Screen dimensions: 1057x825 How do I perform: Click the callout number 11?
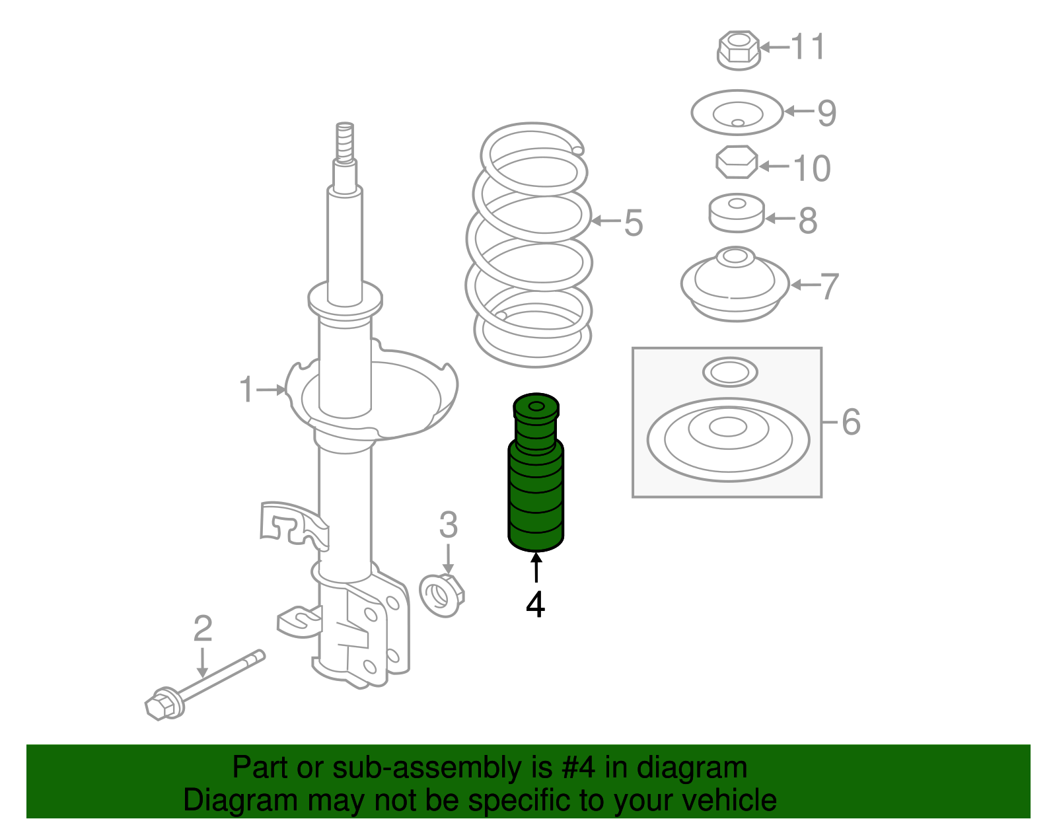pyautogui.click(x=807, y=47)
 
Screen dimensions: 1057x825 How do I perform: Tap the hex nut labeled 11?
pyautogui.click(x=739, y=51)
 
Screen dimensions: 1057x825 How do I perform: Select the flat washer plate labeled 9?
pyautogui.click(x=737, y=112)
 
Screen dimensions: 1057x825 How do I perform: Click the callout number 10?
pyautogui.click(x=811, y=168)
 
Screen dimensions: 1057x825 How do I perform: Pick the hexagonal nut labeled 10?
pyautogui.click(x=737, y=162)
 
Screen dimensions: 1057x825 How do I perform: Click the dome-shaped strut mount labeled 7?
pyautogui.click(x=735, y=284)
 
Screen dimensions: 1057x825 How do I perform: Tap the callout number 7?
pyautogui.click(x=829, y=286)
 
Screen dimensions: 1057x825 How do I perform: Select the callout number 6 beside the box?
pyautogui.click(x=851, y=421)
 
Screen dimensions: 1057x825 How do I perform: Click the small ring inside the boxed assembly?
pyautogui.click(x=730, y=373)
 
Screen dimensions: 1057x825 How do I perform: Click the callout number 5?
pyautogui.click(x=634, y=223)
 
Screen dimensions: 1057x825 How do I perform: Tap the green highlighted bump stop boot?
pyautogui.click(x=536, y=472)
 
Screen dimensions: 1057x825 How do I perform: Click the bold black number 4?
pyautogui.click(x=536, y=604)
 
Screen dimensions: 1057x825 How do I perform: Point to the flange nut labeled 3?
pyautogui.click(x=442, y=595)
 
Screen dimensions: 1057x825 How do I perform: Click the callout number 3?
pyautogui.click(x=448, y=524)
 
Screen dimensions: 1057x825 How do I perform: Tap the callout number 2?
pyautogui.click(x=202, y=629)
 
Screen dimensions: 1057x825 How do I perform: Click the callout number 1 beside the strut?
pyautogui.click(x=246, y=389)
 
